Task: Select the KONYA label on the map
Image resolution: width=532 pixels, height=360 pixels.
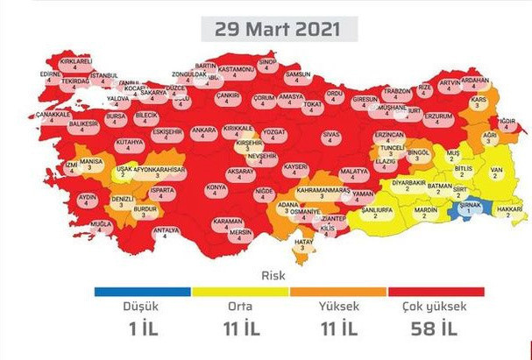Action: pos(215,188)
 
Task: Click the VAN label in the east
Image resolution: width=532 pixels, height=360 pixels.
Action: pos(496,169)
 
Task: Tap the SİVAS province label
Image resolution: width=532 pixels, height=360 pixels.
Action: pos(330,134)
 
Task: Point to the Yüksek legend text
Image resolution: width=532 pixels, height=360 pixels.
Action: pos(336,307)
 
